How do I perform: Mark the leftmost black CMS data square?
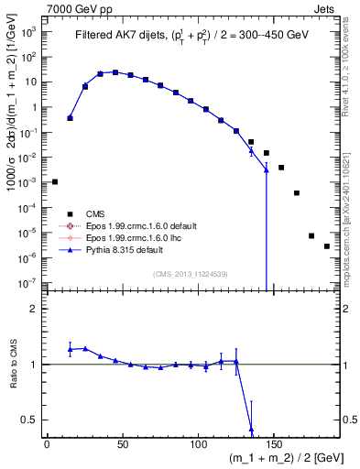click(x=55, y=181)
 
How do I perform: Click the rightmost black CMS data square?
click(x=327, y=246)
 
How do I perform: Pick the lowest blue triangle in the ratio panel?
click(x=251, y=427)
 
